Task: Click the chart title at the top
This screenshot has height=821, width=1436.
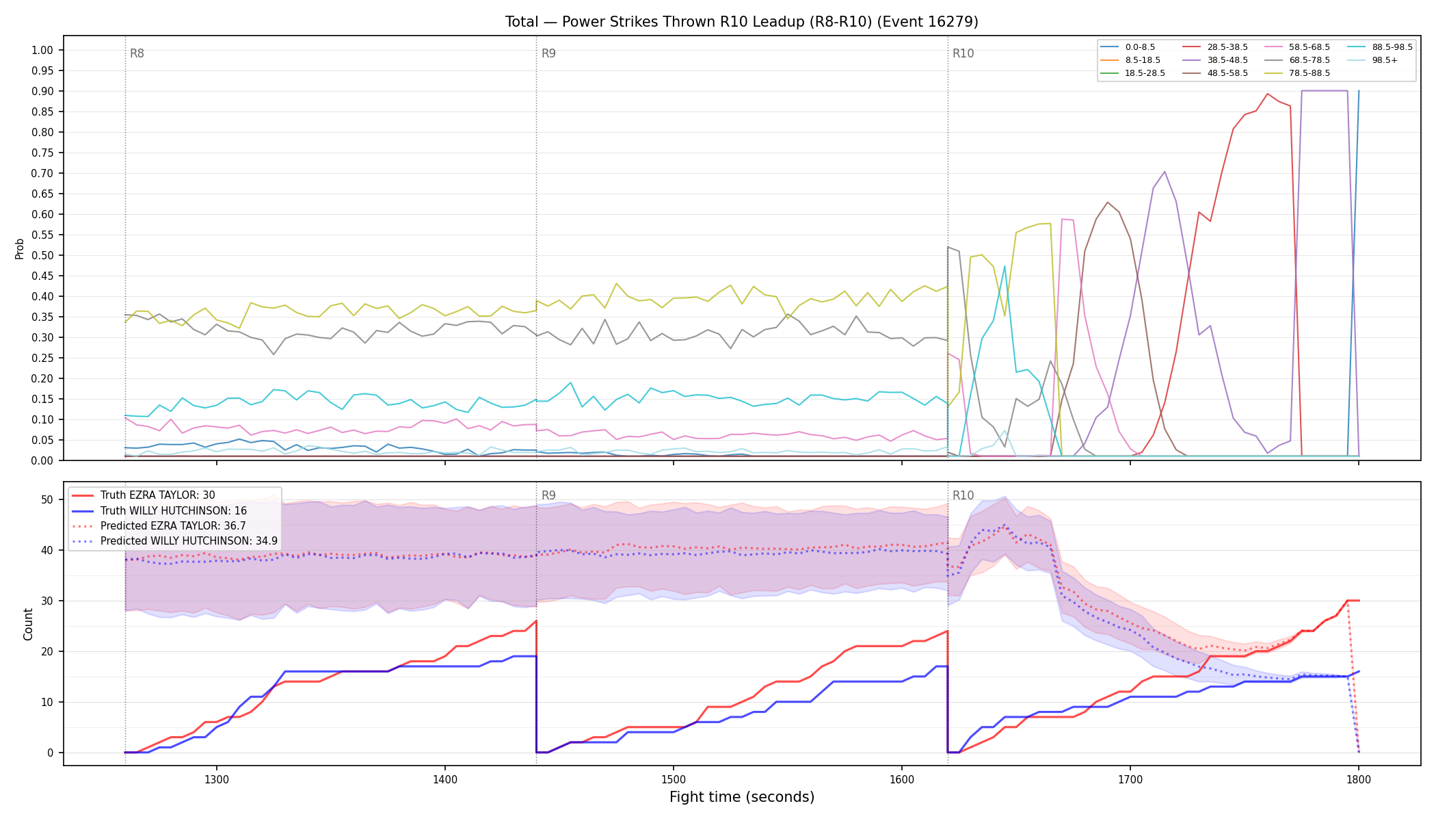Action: click(x=742, y=22)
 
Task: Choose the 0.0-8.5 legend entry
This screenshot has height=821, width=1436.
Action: click(x=1128, y=47)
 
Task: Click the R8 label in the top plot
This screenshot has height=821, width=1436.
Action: click(x=137, y=53)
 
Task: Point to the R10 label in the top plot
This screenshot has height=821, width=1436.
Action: click(x=963, y=53)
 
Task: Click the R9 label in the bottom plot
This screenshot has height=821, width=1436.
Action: click(x=548, y=495)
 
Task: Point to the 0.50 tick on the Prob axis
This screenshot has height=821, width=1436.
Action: click(x=42, y=255)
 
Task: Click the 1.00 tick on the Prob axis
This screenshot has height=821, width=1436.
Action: click(x=42, y=50)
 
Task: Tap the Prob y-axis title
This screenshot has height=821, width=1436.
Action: click(x=19, y=248)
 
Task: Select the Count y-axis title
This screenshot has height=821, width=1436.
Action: click(x=28, y=624)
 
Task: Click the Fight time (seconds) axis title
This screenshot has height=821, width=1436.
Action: click(x=742, y=797)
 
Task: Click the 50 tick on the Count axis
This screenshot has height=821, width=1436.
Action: click(x=47, y=499)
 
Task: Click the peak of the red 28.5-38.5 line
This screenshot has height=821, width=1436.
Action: click(x=1267, y=94)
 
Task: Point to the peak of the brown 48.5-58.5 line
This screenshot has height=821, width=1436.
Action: click(x=1108, y=202)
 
